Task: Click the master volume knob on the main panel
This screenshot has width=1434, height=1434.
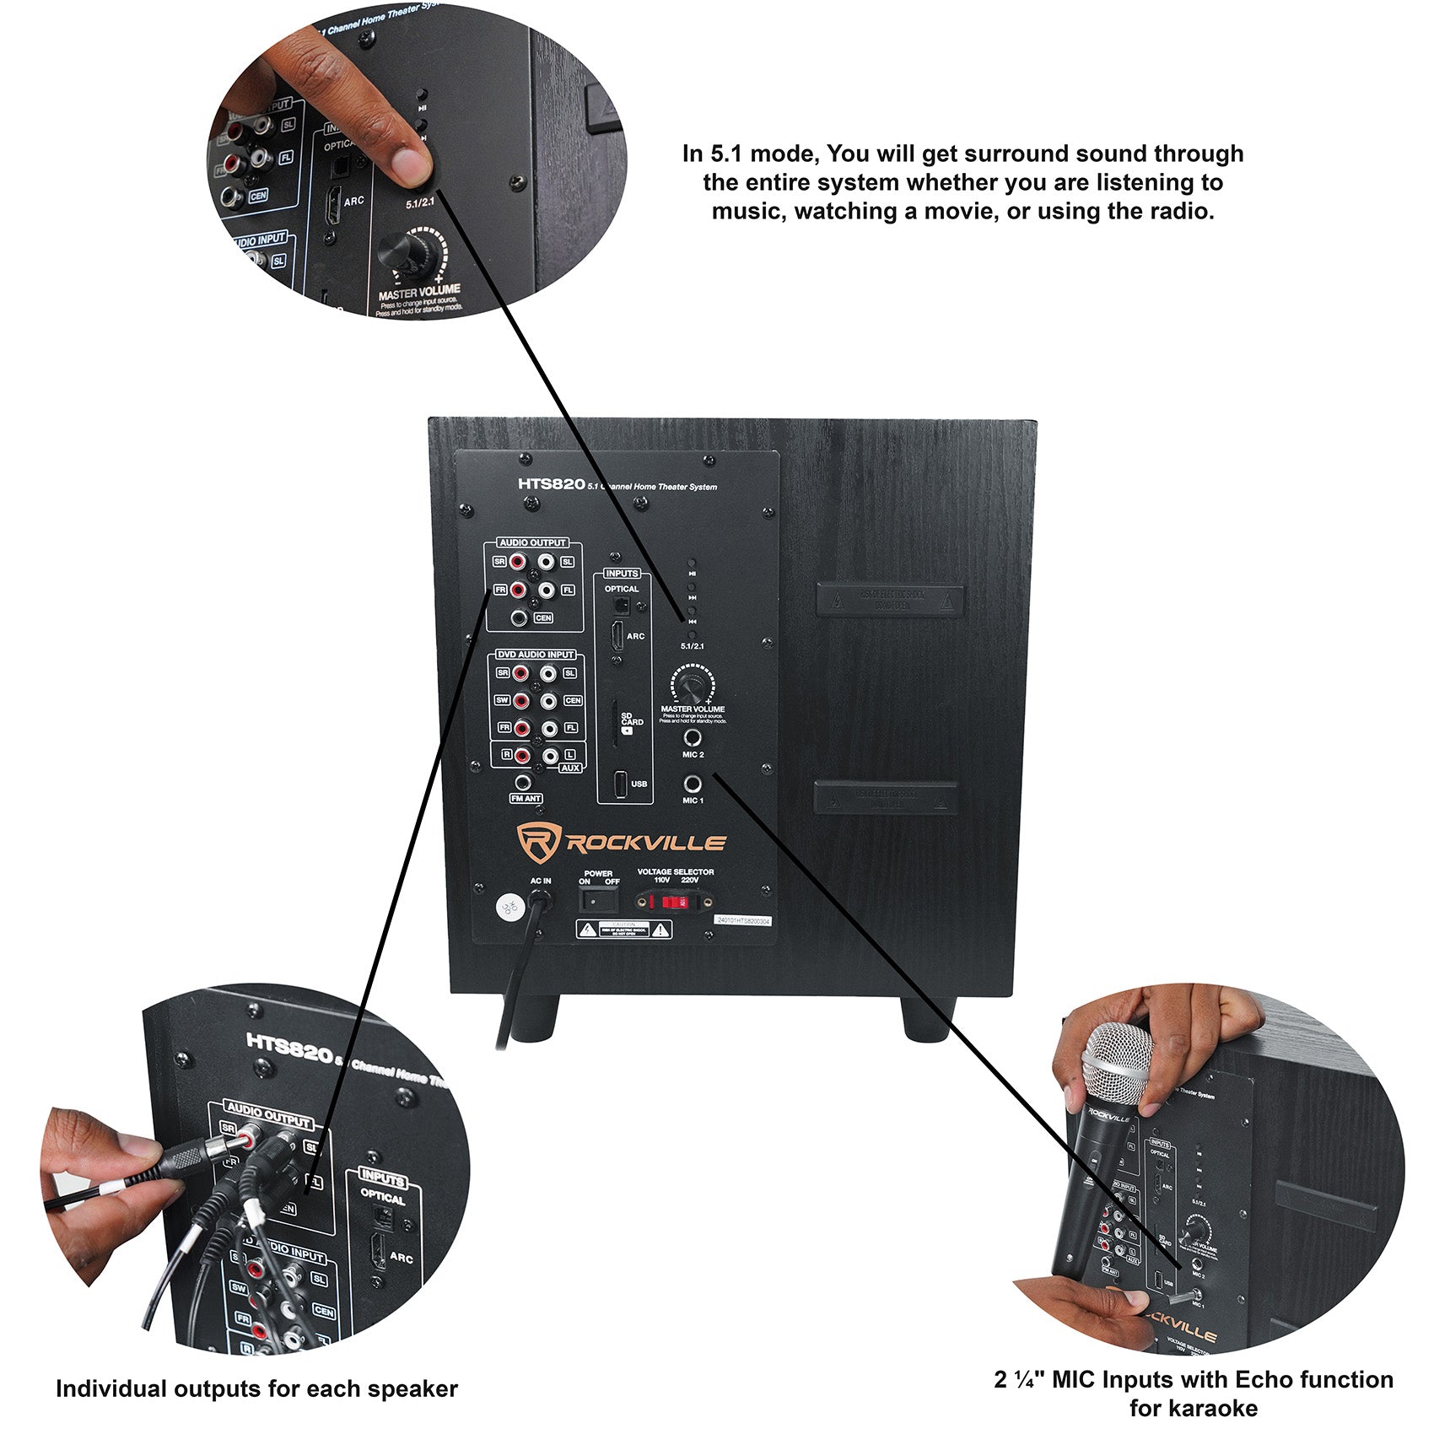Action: (691, 682)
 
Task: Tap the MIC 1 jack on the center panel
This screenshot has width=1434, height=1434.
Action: (692, 784)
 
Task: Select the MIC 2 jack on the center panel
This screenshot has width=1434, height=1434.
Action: (692, 737)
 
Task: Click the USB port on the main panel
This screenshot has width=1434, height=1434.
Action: (621, 784)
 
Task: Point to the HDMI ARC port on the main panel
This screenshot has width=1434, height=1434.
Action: (617, 636)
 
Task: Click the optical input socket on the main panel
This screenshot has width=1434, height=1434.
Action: (620, 605)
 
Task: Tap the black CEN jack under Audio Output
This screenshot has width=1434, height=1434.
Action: (520, 618)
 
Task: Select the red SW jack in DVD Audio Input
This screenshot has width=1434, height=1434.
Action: (520, 701)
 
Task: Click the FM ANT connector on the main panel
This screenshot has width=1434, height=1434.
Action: (523, 783)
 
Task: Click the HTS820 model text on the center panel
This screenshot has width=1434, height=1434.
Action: (551, 484)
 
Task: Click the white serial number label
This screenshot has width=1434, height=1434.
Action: (743, 920)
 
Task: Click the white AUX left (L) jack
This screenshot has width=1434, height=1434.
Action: (549, 756)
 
